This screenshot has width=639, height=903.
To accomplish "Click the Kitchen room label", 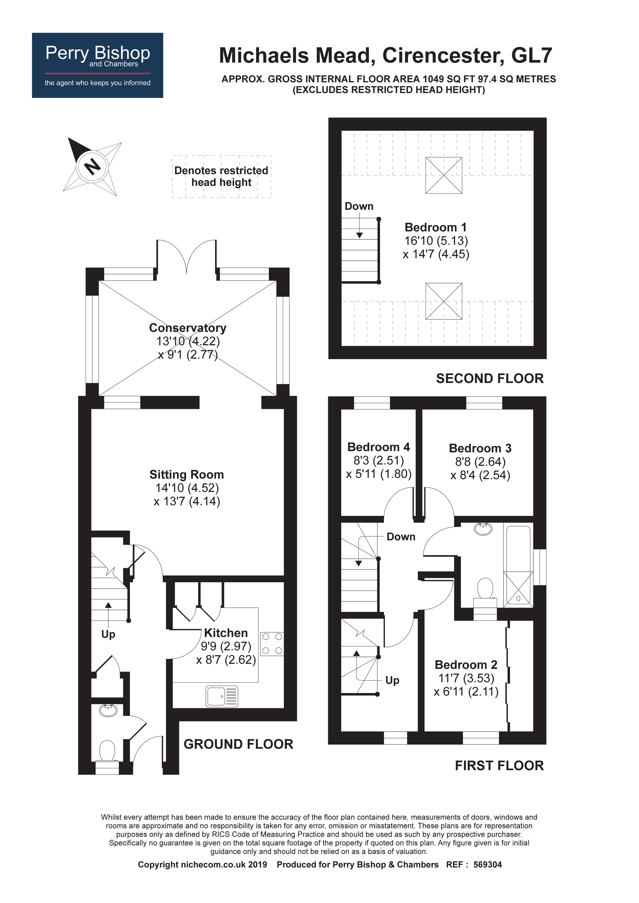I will pos(226,633).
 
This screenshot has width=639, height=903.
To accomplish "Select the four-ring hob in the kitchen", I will pos(272,643).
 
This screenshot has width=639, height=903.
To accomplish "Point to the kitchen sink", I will pos(222,696).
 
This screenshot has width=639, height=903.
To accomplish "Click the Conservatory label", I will pos(188,327).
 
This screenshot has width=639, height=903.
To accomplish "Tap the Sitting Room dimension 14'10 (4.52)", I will pos(187,488).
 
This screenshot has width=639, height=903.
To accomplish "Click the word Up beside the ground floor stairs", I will pos(108,634).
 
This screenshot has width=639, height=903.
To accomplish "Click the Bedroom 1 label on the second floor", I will pos(435,227).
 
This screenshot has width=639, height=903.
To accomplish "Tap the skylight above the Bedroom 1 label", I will pos(443,176).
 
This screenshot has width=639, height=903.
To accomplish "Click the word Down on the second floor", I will pos(359,206).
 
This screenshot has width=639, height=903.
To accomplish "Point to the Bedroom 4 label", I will pos(378,447).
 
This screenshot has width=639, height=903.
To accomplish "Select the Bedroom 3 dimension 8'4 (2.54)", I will pos(480,475).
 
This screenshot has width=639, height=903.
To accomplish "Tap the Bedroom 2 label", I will pos(466,665).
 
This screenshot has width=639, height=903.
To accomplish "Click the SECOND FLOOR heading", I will pos(489,378).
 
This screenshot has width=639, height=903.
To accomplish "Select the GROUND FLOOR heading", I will pos(238,744).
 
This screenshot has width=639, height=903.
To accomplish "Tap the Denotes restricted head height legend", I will pos(221,176).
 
